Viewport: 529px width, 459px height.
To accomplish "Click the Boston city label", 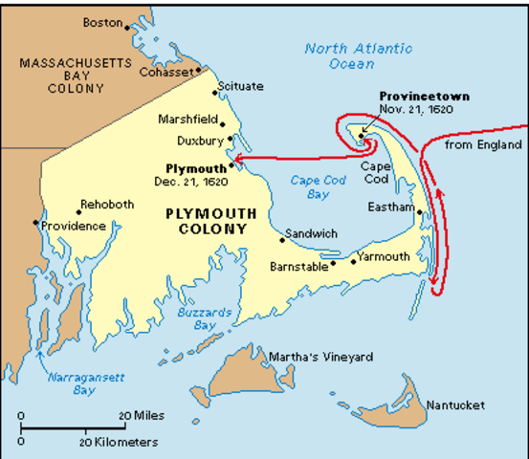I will click(103, 21).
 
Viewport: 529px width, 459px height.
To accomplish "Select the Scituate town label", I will click(240, 86).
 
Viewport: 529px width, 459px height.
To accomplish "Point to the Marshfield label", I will click(187, 120).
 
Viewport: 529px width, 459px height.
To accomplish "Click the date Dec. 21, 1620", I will click(188, 180).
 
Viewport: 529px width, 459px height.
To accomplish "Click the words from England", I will click(485, 145).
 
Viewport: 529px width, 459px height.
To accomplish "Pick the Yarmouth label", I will click(383, 256).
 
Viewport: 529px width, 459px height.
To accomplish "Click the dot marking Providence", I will click(36, 223).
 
